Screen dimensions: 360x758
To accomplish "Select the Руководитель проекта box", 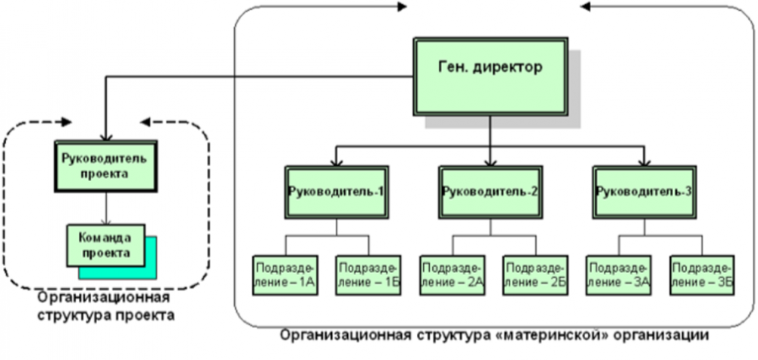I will click(x=105, y=166).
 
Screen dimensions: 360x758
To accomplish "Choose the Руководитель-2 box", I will click(x=489, y=191).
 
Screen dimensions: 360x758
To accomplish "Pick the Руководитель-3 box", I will click(x=644, y=191).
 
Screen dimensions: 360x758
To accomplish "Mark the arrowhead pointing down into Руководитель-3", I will click(x=644, y=161).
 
